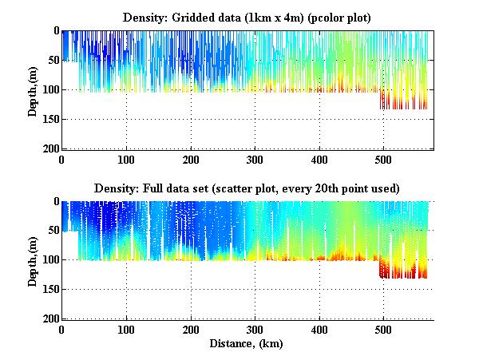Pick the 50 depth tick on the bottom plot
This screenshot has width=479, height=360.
click(52, 231)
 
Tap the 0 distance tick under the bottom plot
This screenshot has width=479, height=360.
click(62, 329)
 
